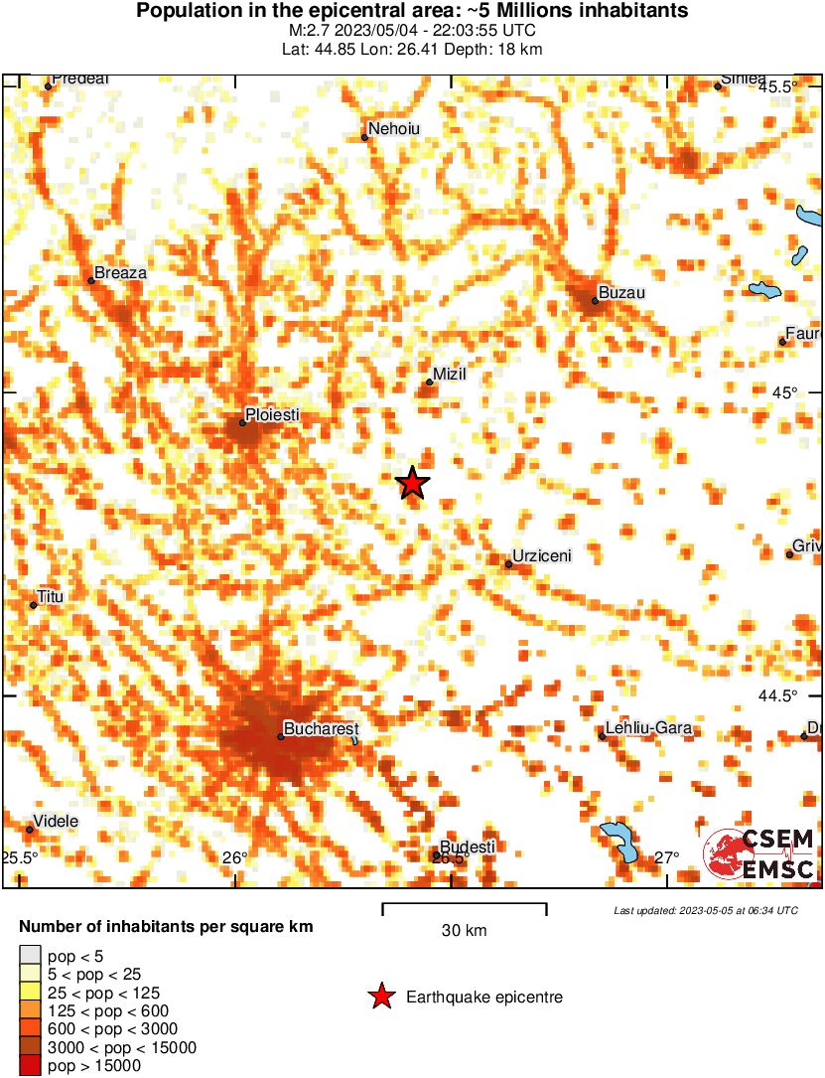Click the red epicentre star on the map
click(412, 483)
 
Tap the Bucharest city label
click(321, 729)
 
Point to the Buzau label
click(622, 293)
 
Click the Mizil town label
click(449, 375)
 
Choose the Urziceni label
click(542, 556)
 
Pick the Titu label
click(50, 596)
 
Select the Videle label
click(57, 822)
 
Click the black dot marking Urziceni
click(508, 564)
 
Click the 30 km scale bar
click(465, 905)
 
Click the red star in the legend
click(380, 997)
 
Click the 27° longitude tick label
click(666, 858)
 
